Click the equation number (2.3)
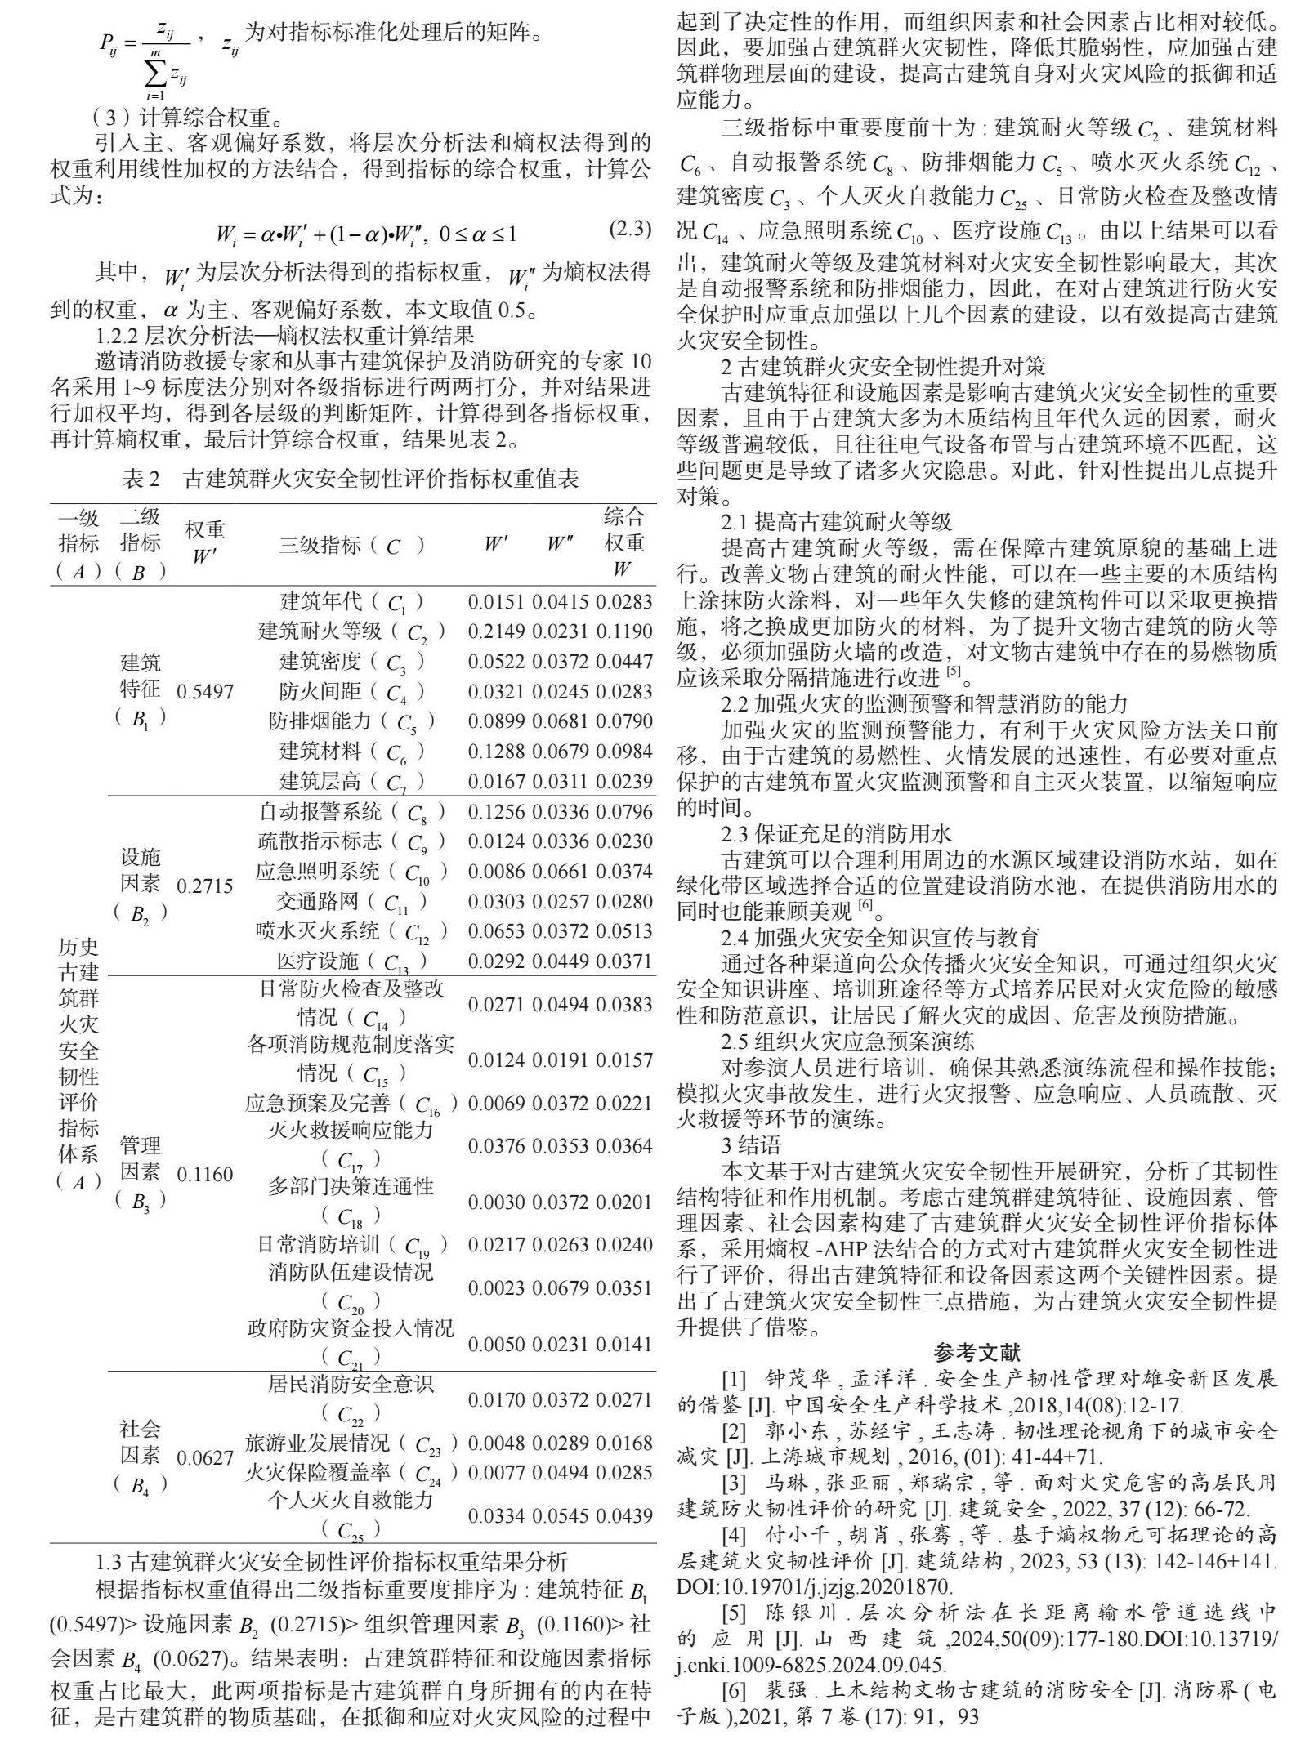coord(630,230)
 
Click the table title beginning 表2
coord(351,478)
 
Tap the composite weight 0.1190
coord(624,631)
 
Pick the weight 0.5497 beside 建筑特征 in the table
coord(205,692)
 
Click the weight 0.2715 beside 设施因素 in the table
coord(205,886)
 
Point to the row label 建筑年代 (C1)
coord(351,603)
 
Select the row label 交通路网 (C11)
coord(351,902)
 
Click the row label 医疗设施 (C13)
coord(351,961)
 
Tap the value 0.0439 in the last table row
coord(624,1515)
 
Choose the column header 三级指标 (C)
coord(351,546)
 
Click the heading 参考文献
coord(977,1352)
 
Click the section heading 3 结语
coord(751,1144)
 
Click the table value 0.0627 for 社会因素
coord(205,1458)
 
